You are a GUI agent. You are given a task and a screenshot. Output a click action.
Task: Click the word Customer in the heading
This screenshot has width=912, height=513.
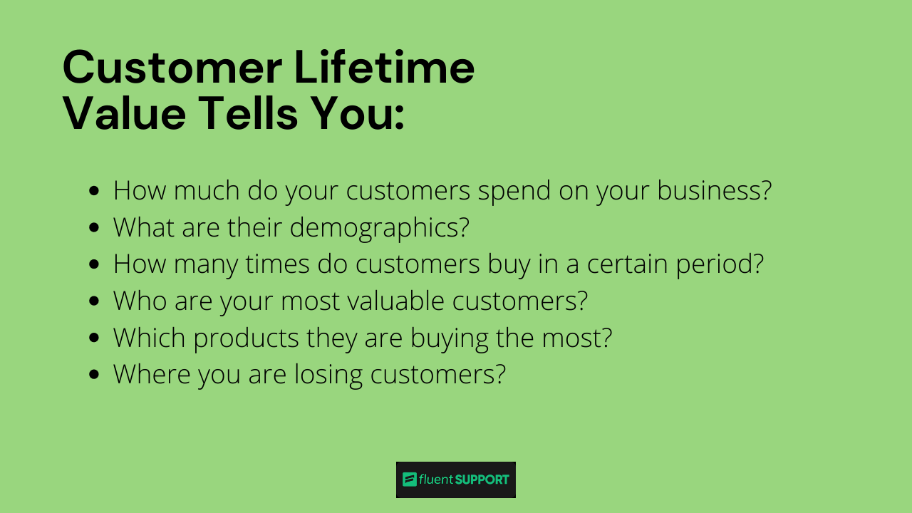pyautogui.click(x=172, y=68)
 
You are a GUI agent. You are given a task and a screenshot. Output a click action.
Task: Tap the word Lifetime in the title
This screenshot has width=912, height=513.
pyautogui.click(x=385, y=68)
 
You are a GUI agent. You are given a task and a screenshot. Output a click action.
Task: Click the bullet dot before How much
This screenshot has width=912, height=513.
pyautogui.click(x=95, y=191)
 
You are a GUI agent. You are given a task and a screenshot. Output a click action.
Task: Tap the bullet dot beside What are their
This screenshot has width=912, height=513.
pyautogui.click(x=95, y=228)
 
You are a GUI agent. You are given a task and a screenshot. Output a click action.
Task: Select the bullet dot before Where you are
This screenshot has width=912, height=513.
pyautogui.click(x=95, y=375)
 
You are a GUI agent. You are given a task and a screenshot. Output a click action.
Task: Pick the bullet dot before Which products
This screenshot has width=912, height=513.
pyautogui.click(x=95, y=338)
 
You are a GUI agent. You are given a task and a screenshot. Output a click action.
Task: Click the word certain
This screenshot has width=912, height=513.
pyautogui.click(x=630, y=264)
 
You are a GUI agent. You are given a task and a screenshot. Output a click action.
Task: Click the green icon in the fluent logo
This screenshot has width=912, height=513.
pyautogui.click(x=409, y=480)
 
